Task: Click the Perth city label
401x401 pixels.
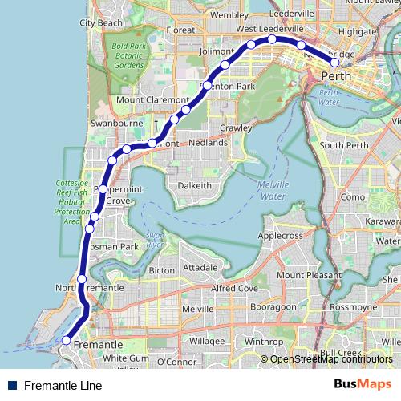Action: coord(335,75)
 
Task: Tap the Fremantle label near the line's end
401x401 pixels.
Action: coord(96,344)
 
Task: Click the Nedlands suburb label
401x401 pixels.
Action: coord(208,143)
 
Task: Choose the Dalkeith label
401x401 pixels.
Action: coord(194,185)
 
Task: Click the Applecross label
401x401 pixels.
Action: coord(281,236)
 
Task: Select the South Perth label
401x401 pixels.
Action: coord(344,145)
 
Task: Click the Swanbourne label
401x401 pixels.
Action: coord(117,125)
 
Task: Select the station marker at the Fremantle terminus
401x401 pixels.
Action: coord(66,340)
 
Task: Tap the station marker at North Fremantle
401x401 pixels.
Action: coord(82,279)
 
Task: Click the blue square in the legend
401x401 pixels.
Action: coord(13,386)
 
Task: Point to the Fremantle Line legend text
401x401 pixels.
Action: coord(63,386)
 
